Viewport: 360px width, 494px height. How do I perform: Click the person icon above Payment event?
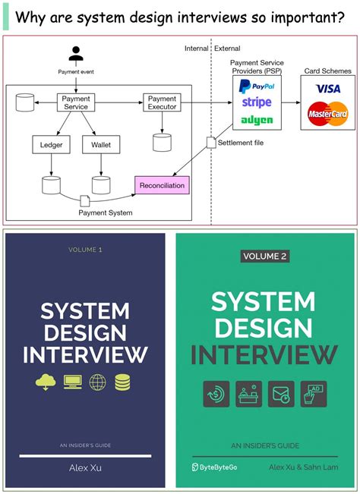[75, 55]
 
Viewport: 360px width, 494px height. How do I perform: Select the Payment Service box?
[75, 102]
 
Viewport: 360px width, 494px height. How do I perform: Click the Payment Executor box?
[162, 102]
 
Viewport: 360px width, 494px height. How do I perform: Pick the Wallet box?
[100, 143]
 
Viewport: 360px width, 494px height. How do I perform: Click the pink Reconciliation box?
[161, 184]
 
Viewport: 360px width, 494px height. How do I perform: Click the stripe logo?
[256, 102]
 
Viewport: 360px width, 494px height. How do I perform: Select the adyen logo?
[256, 120]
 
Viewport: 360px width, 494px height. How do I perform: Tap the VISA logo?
[327, 89]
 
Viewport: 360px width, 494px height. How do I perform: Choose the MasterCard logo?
[327, 114]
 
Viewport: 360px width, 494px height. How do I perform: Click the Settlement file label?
[242, 143]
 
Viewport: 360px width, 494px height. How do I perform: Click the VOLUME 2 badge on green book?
[264, 256]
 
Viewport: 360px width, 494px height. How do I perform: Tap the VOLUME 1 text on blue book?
[84, 249]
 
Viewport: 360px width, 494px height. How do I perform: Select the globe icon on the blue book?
[98, 382]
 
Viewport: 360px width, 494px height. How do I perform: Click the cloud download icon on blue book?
[46, 382]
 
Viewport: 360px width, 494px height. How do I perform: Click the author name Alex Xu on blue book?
[84, 469]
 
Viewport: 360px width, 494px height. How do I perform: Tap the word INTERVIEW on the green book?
[264, 354]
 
